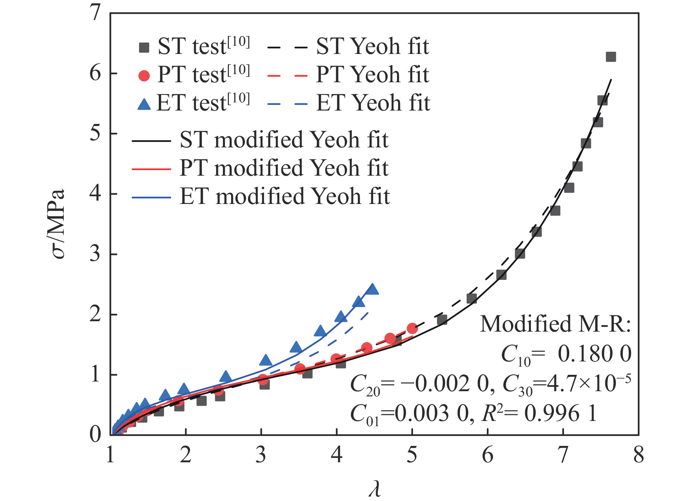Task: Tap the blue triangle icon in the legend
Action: coord(144,104)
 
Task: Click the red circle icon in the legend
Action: coord(144,76)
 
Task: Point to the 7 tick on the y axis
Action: coord(95,13)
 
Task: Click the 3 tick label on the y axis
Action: coord(95,254)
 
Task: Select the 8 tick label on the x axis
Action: coord(639,455)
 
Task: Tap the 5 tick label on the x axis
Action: coord(412,455)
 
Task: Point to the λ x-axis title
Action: coord(375,489)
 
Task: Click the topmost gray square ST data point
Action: coord(611,57)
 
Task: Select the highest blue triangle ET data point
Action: coord(372,289)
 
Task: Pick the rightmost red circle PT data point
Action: coord(412,328)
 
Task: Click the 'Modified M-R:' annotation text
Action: coord(555,324)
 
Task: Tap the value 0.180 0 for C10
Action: coord(594,354)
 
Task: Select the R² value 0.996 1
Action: coord(561,413)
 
